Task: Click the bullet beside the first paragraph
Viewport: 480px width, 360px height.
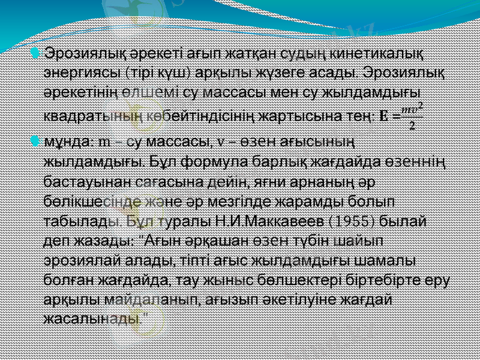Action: [38, 55]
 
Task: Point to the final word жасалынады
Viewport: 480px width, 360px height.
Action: [94, 317]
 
